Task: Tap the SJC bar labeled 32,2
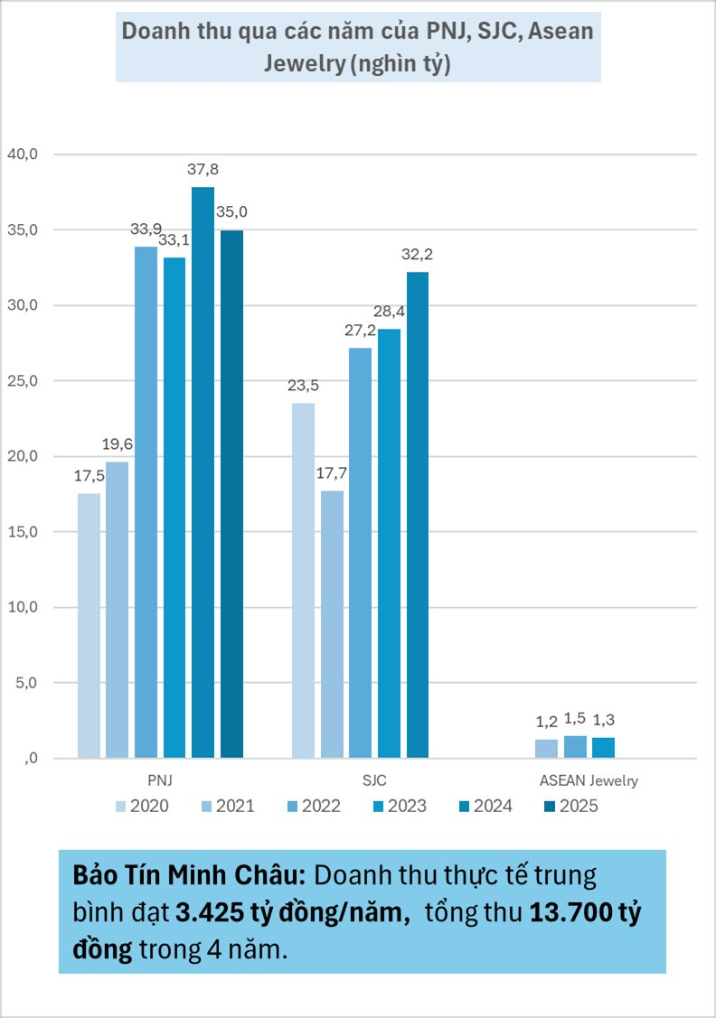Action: [417, 514]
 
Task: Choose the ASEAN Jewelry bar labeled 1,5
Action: [575, 746]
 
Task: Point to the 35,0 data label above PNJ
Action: [232, 212]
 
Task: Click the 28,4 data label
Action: [389, 312]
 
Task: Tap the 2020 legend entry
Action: [141, 806]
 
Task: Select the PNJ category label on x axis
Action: [160, 780]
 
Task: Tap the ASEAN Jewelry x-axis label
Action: [589, 780]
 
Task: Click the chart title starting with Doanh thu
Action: [358, 47]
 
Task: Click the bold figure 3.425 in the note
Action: [207, 914]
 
